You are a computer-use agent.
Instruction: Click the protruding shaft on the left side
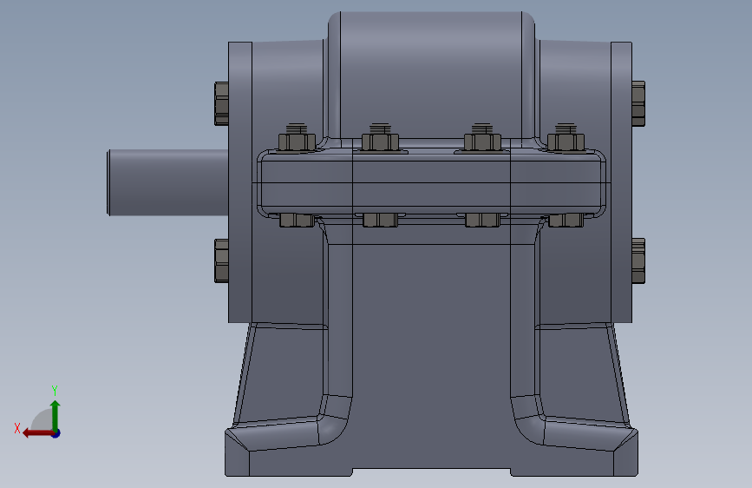(167, 182)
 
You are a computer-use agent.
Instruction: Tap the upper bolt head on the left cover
(221, 103)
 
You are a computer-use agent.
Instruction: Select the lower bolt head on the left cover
(221, 260)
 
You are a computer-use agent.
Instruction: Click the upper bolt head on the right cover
(638, 103)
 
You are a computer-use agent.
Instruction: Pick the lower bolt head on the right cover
(638, 260)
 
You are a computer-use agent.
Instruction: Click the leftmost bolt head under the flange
(297, 221)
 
